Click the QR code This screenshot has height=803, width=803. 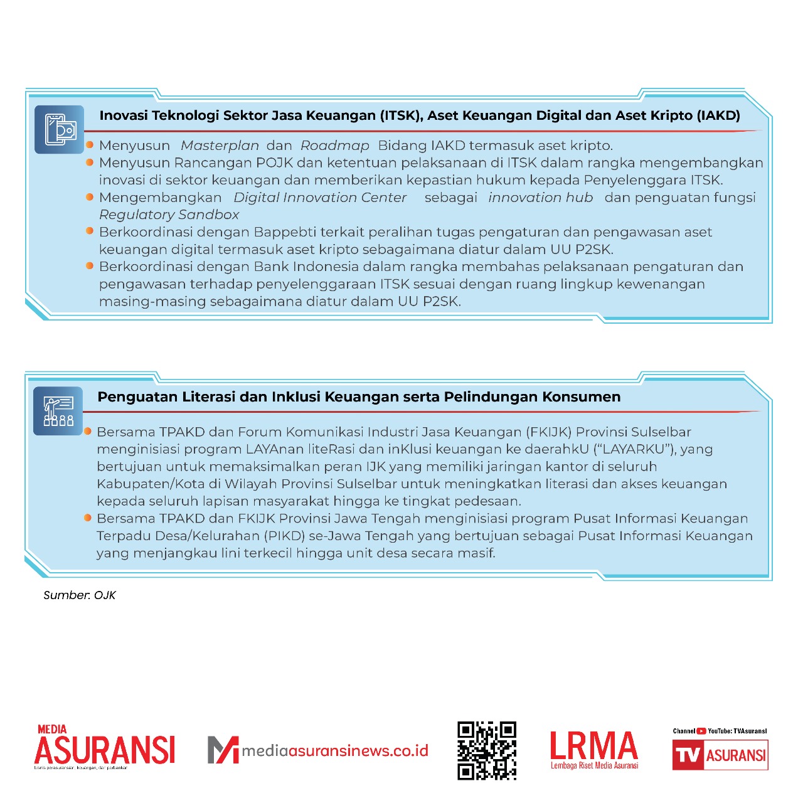coord(487,750)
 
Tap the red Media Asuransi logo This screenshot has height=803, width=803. coord(105,747)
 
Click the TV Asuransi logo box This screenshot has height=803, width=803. coord(720,755)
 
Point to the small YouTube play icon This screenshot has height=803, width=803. coord(701,731)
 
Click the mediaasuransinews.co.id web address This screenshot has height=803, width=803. coord(335,750)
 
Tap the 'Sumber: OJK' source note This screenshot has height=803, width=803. coord(80,595)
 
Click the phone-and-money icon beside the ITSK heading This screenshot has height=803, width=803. coord(60,130)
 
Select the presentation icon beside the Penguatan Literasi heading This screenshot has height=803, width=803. coord(58,412)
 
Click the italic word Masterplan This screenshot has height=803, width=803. coord(220,146)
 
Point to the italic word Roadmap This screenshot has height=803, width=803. coord(335,146)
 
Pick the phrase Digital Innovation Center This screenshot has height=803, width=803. coord(320,198)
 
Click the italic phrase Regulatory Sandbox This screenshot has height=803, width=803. coord(169,215)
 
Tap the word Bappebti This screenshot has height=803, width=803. coord(285,232)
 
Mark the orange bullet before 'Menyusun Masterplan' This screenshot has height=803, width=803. coord(90,145)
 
